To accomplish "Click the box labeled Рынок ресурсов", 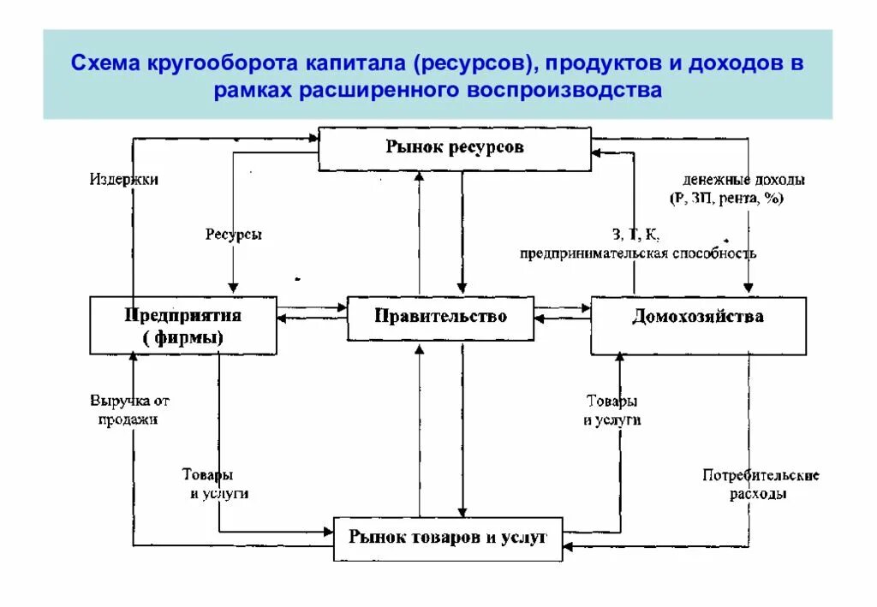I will click(x=454, y=148).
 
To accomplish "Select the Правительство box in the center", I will click(x=440, y=317).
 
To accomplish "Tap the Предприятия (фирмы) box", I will click(x=183, y=325).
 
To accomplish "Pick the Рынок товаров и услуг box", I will click(x=448, y=539).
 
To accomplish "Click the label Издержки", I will click(x=124, y=180).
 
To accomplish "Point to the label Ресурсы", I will click(x=233, y=235).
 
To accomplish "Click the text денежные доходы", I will click(x=743, y=181).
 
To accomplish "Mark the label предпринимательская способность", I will click(x=638, y=253).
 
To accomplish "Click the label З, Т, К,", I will click(x=635, y=235).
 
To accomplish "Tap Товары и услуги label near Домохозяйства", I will click(x=612, y=410).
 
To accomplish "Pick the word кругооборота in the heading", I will click(x=217, y=65).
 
